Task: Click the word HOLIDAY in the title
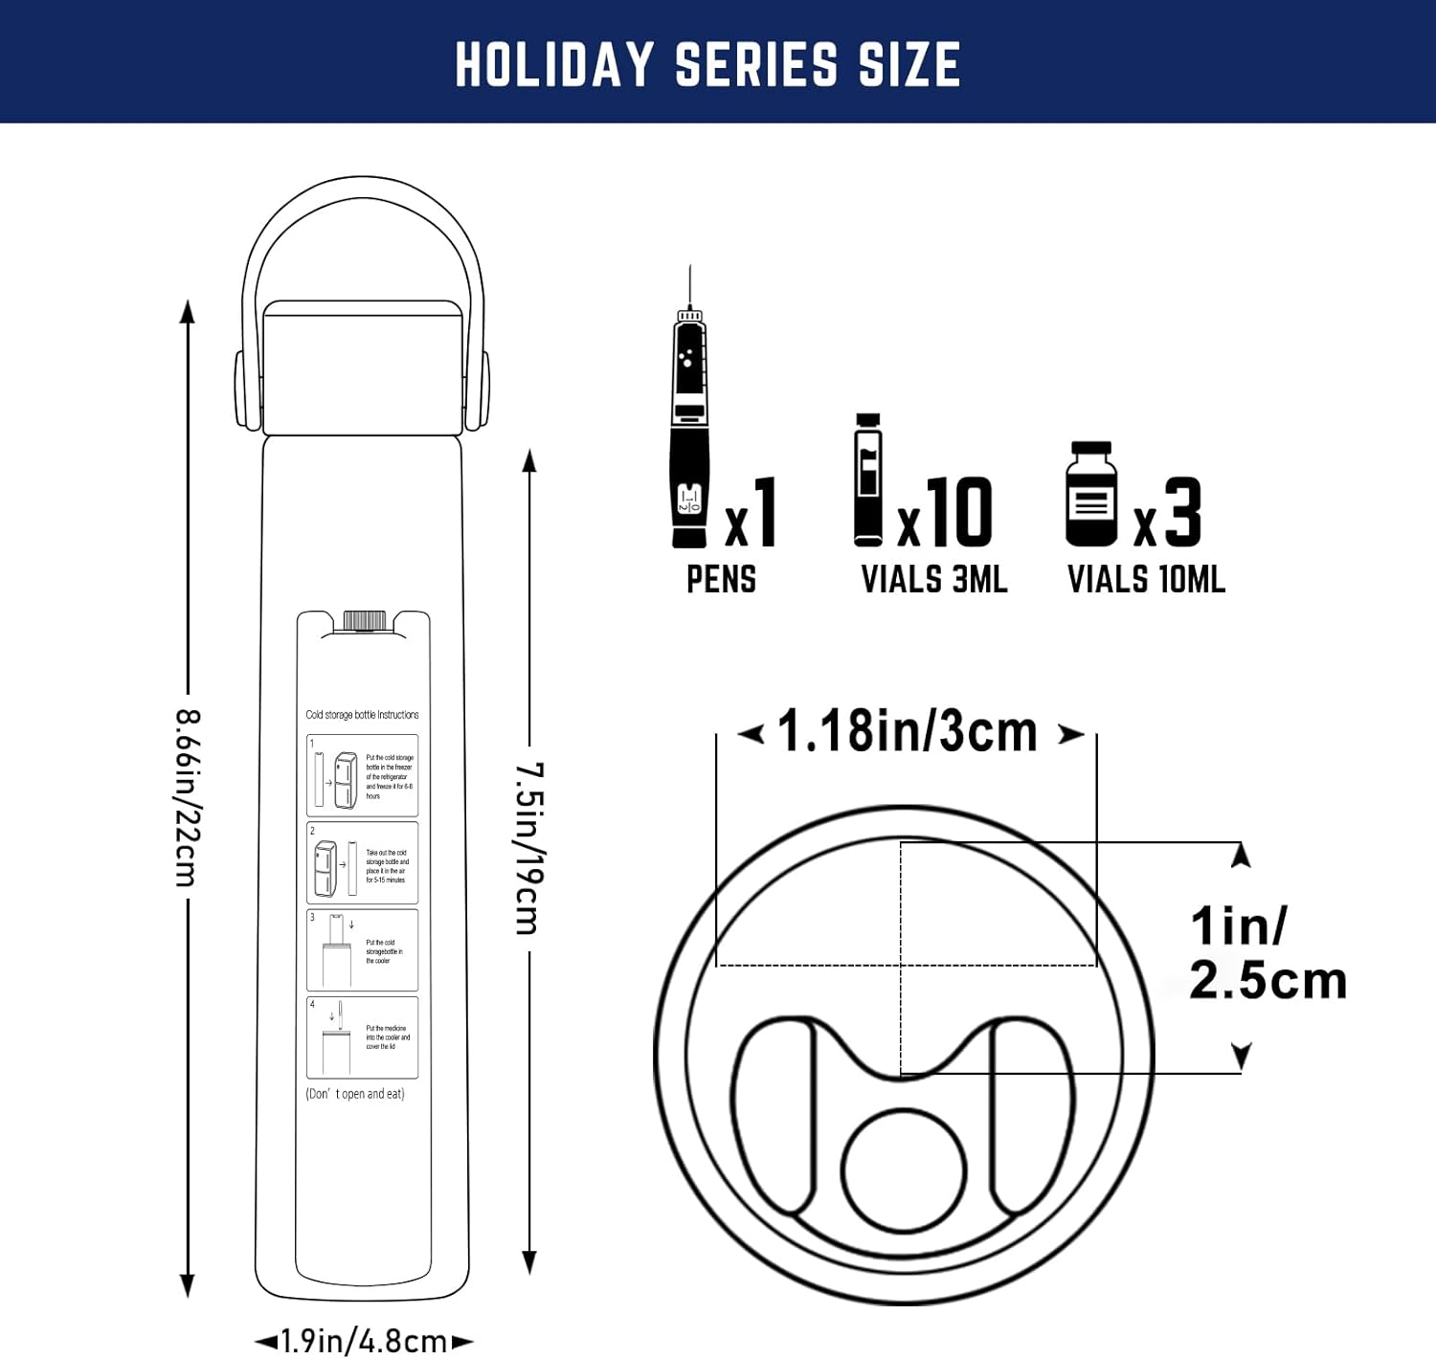[553, 65]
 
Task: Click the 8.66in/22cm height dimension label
[188, 797]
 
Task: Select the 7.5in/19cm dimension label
[529, 848]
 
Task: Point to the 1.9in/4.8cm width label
[364, 1341]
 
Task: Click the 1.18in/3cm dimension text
[908, 732]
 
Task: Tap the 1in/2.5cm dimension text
[1266, 953]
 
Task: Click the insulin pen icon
[689, 431]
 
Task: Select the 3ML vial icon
[868, 481]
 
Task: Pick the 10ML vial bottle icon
[1091, 496]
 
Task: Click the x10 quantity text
[945, 514]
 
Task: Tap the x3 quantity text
[1167, 514]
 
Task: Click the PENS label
[721, 580]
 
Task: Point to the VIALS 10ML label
[1146, 580]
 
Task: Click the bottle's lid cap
[363, 368]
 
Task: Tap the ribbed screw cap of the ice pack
[364, 620]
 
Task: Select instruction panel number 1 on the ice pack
[362, 775]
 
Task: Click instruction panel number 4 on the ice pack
[362, 1037]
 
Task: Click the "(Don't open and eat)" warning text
[355, 1094]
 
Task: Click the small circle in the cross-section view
[904, 1170]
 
